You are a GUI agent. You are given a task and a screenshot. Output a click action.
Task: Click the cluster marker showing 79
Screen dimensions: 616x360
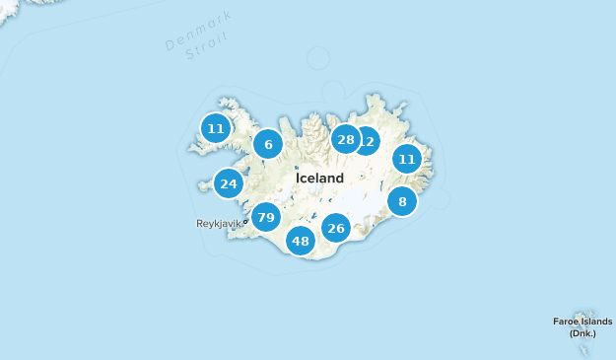265,217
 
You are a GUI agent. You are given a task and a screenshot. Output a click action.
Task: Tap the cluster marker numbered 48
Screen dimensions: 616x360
301,241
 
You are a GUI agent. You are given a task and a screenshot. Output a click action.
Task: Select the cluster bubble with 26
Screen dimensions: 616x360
336,229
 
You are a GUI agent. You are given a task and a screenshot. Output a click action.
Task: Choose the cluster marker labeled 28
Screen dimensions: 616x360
345,139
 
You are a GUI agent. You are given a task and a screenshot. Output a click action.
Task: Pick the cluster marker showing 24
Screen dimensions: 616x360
229,183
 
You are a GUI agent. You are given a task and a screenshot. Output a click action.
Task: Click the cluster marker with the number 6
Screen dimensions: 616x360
267,145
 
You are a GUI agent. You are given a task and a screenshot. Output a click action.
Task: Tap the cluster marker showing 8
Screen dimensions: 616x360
402,202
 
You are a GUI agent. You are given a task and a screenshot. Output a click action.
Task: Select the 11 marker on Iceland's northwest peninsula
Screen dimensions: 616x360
216,128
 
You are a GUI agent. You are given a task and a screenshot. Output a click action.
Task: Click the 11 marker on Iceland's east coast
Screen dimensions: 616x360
407,158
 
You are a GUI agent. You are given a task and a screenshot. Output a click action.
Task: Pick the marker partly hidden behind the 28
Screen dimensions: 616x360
369,141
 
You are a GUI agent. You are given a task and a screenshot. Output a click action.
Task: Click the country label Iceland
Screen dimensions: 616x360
319,179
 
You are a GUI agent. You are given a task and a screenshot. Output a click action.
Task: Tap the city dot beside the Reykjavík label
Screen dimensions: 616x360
245,222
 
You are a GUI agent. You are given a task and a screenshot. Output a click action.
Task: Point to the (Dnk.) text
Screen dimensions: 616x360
582,333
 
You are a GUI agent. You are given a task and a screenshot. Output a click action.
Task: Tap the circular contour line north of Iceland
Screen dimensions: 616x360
318,58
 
